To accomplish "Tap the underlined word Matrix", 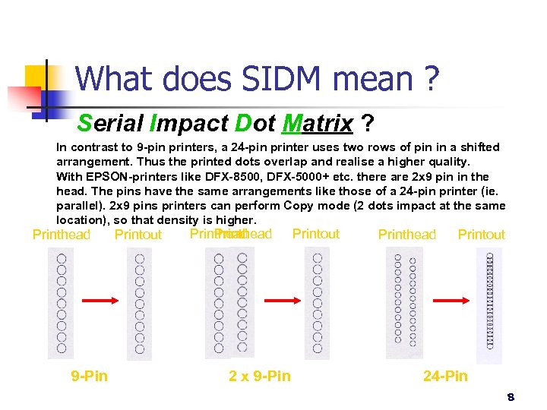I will tap(317, 122).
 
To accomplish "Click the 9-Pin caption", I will tap(89, 376).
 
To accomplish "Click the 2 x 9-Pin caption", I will tap(260, 376).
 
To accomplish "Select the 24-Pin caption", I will tap(445, 376).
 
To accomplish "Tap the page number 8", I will tap(511, 397).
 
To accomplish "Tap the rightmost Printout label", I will tap(482, 235).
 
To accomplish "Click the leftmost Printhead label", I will tap(62, 235).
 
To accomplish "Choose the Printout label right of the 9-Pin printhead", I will tap(138, 235).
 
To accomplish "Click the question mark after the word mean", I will tap(432, 78).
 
